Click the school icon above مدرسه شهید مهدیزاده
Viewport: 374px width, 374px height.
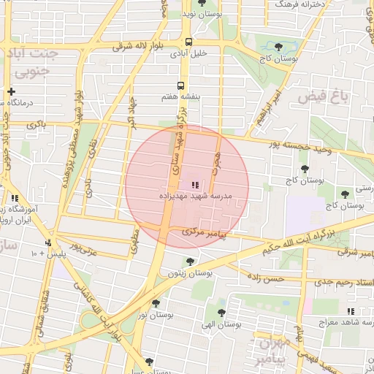pyautogui.click(x=194, y=185)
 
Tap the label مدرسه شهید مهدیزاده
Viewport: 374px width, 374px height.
pyautogui.click(x=194, y=196)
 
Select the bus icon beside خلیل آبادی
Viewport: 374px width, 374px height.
pyautogui.click(x=188, y=42)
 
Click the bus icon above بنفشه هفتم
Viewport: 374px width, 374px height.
pyautogui.click(x=180, y=85)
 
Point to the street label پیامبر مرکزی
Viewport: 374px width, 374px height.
pyautogui.click(x=205, y=233)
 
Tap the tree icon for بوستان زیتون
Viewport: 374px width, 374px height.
pyautogui.click(x=190, y=261)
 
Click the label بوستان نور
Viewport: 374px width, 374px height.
pyautogui.click(x=155, y=315)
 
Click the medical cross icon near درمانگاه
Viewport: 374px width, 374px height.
pyautogui.click(x=11, y=91)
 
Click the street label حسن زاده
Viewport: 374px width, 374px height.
pyautogui.click(x=264, y=278)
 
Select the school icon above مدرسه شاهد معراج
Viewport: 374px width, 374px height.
pyautogui.click(x=351, y=310)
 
